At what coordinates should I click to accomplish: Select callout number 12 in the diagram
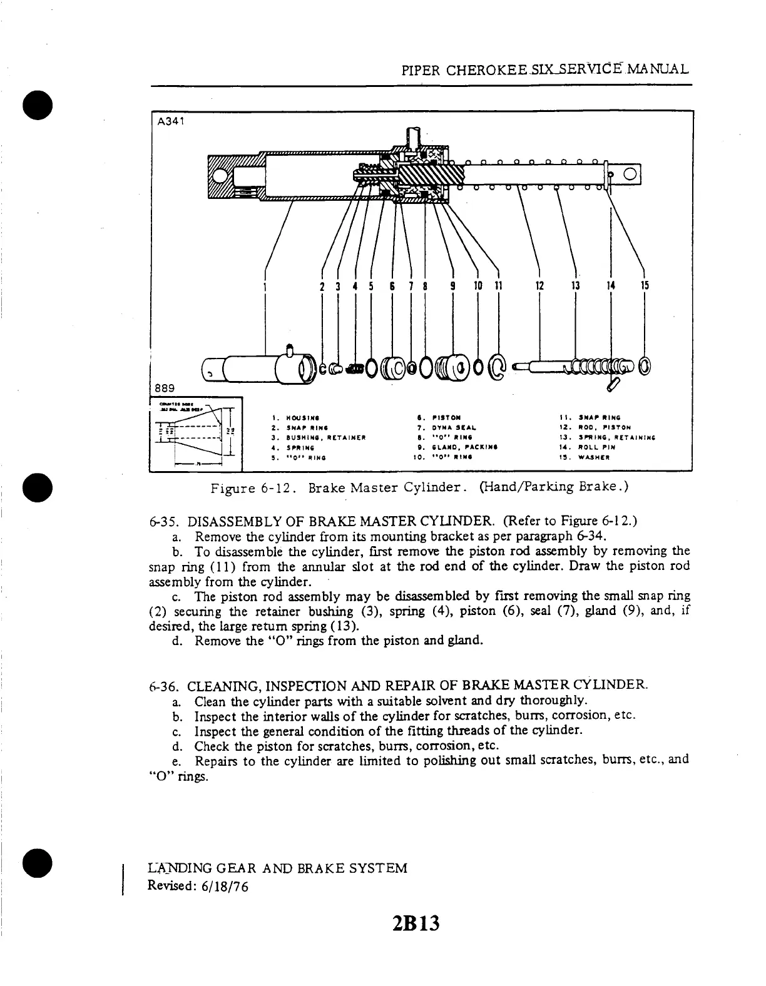pyautogui.click(x=539, y=287)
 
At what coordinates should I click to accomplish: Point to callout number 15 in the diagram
pyautogui.click(x=645, y=287)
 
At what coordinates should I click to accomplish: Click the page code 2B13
pyautogui.click(x=416, y=923)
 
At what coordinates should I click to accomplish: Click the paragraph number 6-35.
pyautogui.click(x=165, y=521)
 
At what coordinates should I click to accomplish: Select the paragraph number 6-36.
pyautogui.click(x=165, y=686)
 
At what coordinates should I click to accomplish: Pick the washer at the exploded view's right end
pyautogui.click(x=645, y=366)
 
